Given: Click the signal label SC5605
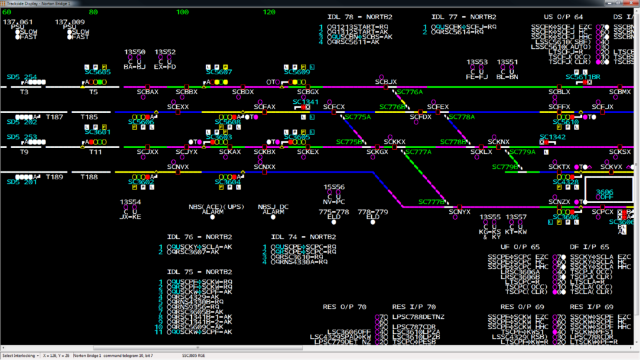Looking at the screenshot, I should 97,72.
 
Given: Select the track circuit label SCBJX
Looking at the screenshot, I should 386,82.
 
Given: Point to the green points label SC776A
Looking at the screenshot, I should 410,92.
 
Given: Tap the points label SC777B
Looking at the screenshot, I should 431,202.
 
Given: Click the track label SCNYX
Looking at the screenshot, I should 459,212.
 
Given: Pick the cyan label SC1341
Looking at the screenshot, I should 305,102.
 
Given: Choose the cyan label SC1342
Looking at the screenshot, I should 552,137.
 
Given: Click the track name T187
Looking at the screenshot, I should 54,117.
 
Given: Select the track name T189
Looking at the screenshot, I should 54,177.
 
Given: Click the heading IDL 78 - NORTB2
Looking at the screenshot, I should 360,17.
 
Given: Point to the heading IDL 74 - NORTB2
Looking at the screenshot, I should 304,237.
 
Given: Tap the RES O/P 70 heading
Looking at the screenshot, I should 344,307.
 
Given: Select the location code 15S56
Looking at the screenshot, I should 334,187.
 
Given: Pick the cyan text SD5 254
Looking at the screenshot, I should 22,77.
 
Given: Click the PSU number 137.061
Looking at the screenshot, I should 18,22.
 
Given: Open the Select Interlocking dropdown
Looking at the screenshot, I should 21,356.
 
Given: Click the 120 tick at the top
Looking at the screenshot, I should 269,12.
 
